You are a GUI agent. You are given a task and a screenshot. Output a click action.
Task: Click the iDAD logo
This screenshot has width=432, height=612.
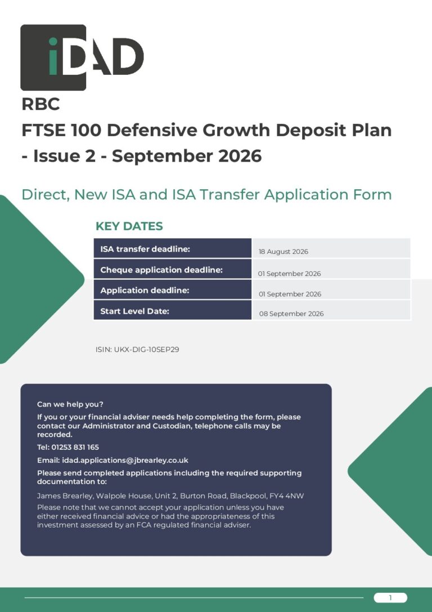[82, 57]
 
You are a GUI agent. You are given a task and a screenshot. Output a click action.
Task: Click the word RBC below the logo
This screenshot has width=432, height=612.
[41, 104]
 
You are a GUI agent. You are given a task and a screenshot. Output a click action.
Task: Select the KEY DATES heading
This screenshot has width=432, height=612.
[129, 226]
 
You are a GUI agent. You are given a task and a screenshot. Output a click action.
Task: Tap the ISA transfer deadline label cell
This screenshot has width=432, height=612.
[172, 249]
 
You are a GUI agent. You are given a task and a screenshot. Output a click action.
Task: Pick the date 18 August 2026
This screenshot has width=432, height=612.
[283, 252]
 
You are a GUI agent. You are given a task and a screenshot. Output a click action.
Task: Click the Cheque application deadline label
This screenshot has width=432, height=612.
[161, 270]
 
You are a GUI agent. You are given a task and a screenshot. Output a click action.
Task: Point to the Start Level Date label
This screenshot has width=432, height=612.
[134, 311]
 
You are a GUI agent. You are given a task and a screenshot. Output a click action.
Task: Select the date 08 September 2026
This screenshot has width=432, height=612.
[291, 314]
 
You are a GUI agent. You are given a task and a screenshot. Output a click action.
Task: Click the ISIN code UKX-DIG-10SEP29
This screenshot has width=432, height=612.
[147, 349]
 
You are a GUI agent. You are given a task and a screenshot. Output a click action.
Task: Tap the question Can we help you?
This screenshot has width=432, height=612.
[70, 404]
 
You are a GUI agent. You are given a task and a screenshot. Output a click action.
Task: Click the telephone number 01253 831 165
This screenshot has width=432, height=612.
[75, 447]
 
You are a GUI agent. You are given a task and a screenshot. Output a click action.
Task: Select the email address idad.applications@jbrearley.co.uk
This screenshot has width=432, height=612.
[125, 461]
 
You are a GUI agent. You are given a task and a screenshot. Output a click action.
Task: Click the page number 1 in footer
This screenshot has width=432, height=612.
[390, 597]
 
